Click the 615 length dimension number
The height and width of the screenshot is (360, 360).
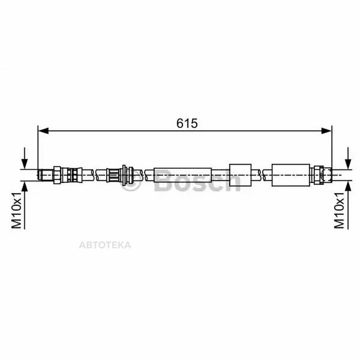point(187,123)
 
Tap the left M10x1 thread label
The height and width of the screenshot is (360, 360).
point(16,210)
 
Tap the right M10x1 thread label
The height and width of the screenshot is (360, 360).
point(339,210)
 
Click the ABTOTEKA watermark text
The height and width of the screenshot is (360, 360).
point(105,245)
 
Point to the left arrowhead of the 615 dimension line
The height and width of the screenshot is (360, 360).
point(43,131)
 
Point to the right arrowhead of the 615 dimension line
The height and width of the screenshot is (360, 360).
point(326,131)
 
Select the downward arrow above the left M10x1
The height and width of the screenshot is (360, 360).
point(24,159)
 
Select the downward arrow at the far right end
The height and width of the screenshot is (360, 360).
point(348,159)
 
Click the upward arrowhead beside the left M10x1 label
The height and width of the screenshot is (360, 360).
point(24,186)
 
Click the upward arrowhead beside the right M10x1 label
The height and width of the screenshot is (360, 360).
point(348,186)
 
